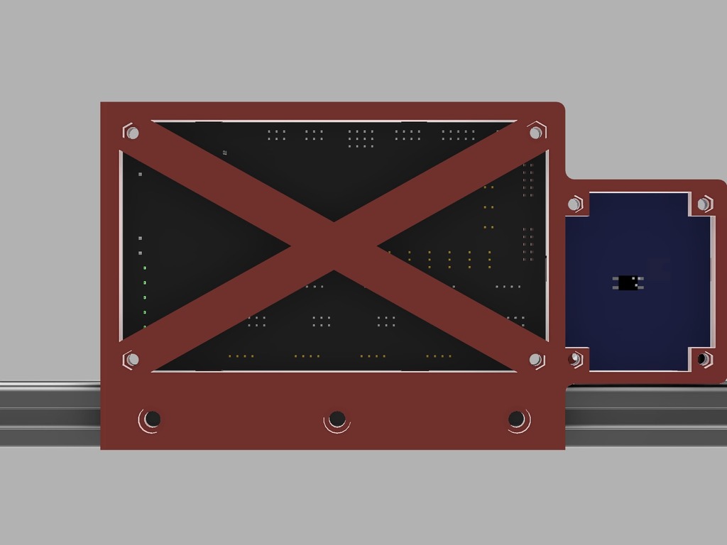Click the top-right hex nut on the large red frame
coord(536,132)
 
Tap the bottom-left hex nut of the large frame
coord(131,360)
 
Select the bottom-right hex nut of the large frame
coord(536,360)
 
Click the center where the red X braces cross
coord(334,246)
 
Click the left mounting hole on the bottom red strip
coord(152,419)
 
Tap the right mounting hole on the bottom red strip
coord(517,419)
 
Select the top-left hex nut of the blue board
coord(574,204)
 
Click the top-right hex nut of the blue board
coord(703,204)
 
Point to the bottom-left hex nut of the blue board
coord(575,359)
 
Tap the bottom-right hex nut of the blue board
coord(703,359)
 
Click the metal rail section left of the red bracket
coord(50,414)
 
